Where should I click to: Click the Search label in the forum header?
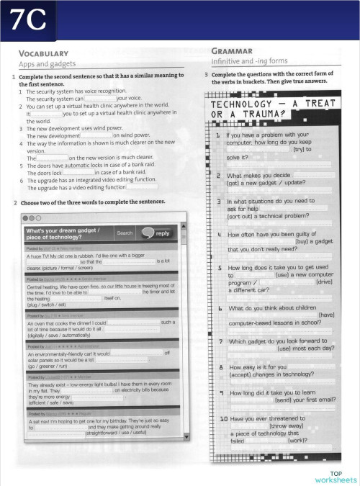coord(125,233)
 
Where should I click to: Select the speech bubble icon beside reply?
coord(147,233)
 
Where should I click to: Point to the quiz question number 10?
coord(224,419)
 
